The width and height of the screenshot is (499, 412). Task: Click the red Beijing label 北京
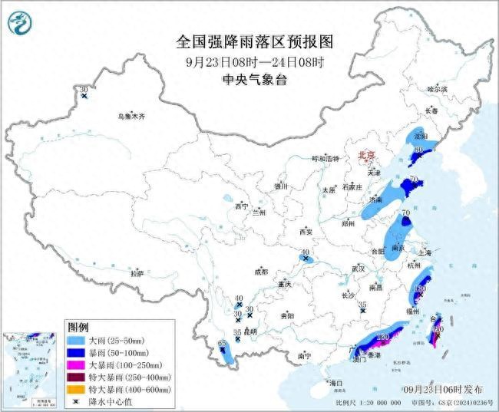pos(367,156)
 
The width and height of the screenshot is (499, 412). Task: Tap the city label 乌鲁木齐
pos(131,116)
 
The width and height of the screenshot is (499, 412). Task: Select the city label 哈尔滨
pos(436,89)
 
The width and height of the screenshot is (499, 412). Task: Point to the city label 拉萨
pos(137,273)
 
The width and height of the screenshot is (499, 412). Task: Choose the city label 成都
pos(262,272)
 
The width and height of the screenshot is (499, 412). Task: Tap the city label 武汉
pos(359,269)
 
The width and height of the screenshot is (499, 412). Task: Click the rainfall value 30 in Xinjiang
pos(83,90)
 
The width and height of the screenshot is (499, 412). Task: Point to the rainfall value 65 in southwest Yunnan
pos(222,342)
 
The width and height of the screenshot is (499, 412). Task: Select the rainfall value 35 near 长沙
pos(362,305)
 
